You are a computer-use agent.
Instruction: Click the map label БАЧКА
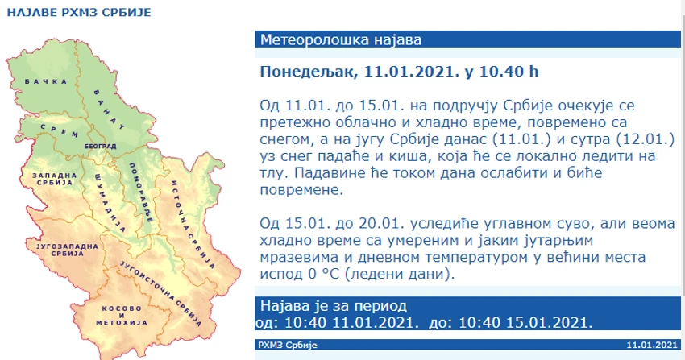tap(46, 81)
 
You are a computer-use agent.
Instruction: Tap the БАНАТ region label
tap(108, 110)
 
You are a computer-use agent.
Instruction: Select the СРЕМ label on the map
tap(59, 130)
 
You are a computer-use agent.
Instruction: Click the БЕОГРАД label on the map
tap(100, 147)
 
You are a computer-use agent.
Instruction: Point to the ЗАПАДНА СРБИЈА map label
tap(55, 179)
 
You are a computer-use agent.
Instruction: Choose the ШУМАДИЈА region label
tap(110, 202)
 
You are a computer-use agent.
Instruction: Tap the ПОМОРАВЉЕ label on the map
tap(141, 192)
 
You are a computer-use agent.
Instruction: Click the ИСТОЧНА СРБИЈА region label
tap(193, 224)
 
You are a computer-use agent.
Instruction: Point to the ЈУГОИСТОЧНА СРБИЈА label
tap(160, 294)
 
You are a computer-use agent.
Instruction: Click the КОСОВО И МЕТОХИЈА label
tap(122, 316)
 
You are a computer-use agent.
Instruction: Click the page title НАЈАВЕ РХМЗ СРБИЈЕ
tap(79, 12)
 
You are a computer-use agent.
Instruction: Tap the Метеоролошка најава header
tap(341, 39)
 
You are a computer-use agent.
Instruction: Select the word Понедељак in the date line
tap(308, 72)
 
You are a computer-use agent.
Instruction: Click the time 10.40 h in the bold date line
tap(509, 71)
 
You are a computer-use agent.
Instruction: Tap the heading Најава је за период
tap(334, 306)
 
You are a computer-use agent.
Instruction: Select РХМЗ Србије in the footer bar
tap(288, 345)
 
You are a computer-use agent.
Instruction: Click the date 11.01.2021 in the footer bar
tap(652, 345)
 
